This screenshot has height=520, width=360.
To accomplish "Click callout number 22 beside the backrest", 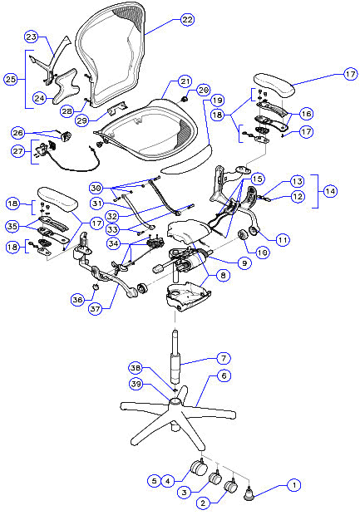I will [x=187, y=18].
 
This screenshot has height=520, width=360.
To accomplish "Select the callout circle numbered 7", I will [x=223, y=358].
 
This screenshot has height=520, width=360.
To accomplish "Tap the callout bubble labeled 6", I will [x=223, y=375].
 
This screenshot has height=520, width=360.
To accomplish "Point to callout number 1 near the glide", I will [x=291, y=483].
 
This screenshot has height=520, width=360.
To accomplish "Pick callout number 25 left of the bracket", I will [x=11, y=79].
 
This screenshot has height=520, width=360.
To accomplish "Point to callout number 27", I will [x=18, y=151].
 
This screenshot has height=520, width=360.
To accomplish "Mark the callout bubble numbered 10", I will [x=263, y=251].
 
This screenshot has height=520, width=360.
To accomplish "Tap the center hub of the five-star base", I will [x=175, y=403].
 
